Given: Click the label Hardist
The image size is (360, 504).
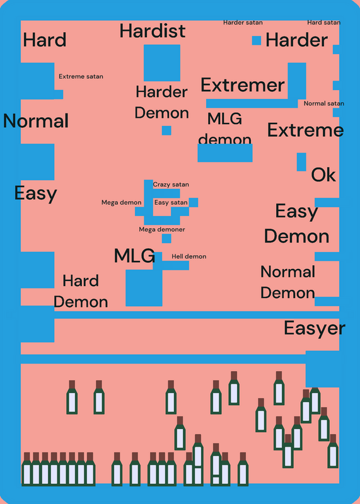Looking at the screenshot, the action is (x=153, y=31).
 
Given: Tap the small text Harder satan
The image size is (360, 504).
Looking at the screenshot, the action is (x=243, y=23).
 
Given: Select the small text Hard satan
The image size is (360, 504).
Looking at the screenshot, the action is (x=323, y=23).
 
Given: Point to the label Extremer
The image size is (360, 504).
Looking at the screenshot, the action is (x=243, y=85).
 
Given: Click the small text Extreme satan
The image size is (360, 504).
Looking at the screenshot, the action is (x=81, y=76).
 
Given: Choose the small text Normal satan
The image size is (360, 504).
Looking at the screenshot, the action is (x=324, y=103).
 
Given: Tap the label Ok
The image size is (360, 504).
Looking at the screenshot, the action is (x=323, y=175).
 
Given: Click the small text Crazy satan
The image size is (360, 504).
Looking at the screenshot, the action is (x=171, y=185).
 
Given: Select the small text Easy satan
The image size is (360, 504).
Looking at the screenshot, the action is (x=171, y=202).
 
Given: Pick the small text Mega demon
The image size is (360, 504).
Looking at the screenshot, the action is (x=121, y=202).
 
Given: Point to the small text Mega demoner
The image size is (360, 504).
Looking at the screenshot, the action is (x=162, y=229).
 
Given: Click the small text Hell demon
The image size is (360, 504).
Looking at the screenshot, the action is (x=189, y=256).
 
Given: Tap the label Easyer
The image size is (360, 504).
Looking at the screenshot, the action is (x=315, y=328).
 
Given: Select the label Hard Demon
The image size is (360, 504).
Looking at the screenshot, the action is (x=81, y=292).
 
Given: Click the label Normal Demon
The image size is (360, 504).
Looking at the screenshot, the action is (x=287, y=282).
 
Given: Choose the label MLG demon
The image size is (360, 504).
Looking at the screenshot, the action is (x=225, y=130).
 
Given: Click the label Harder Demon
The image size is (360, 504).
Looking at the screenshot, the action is (x=161, y=103).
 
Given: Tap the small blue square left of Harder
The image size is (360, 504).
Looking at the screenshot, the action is (x=257, y=40).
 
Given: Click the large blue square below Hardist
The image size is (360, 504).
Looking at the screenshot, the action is (x=162, y=63).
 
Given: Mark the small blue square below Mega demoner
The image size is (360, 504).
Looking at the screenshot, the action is (x=166, y=239).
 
